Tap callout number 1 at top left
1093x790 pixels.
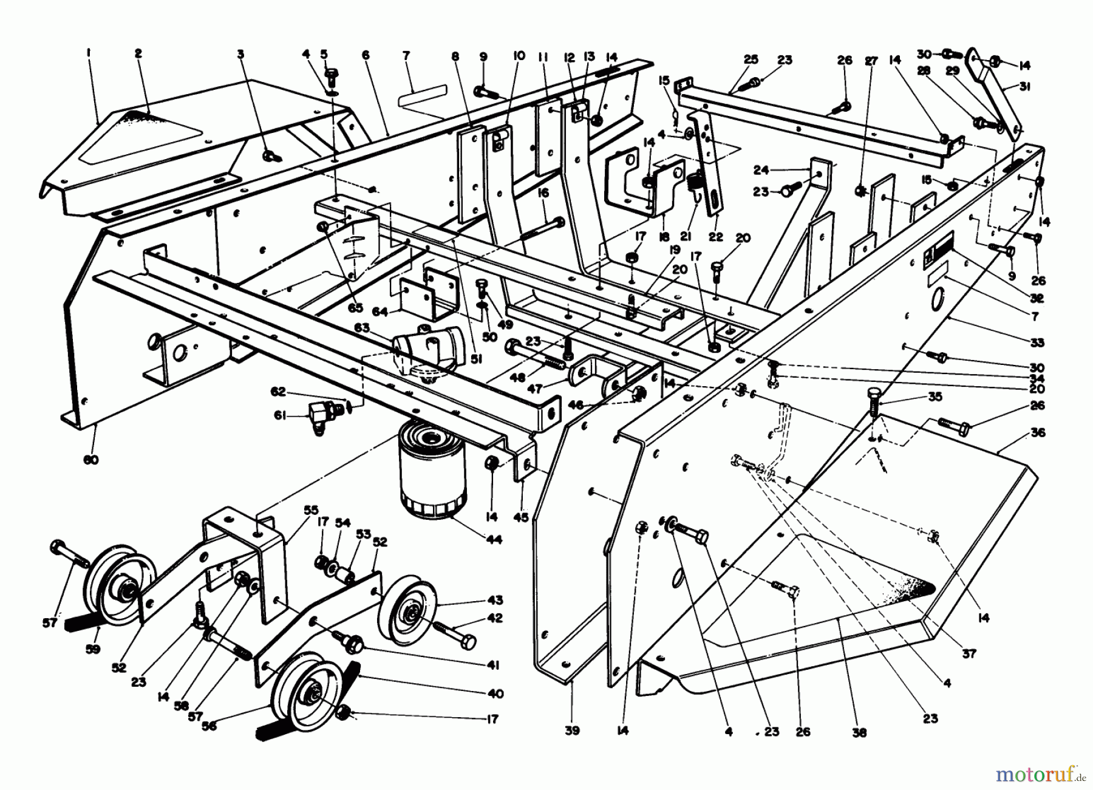(x=89, y=54)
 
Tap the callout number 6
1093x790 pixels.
(x=365, y=55)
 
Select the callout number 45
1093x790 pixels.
(x=521, y=518)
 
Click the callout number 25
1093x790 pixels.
(x=751, y=60)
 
